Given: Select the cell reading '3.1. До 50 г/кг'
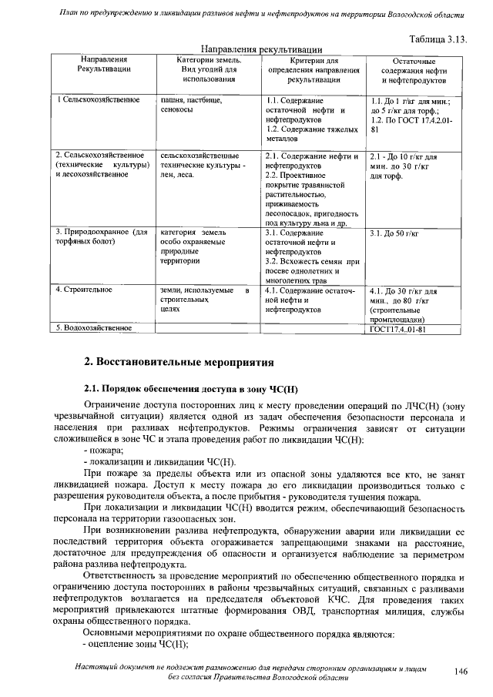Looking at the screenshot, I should [394, 233].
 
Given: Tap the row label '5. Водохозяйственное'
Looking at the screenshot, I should [90, 329].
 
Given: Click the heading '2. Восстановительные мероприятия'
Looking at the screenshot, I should [177, 361].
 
